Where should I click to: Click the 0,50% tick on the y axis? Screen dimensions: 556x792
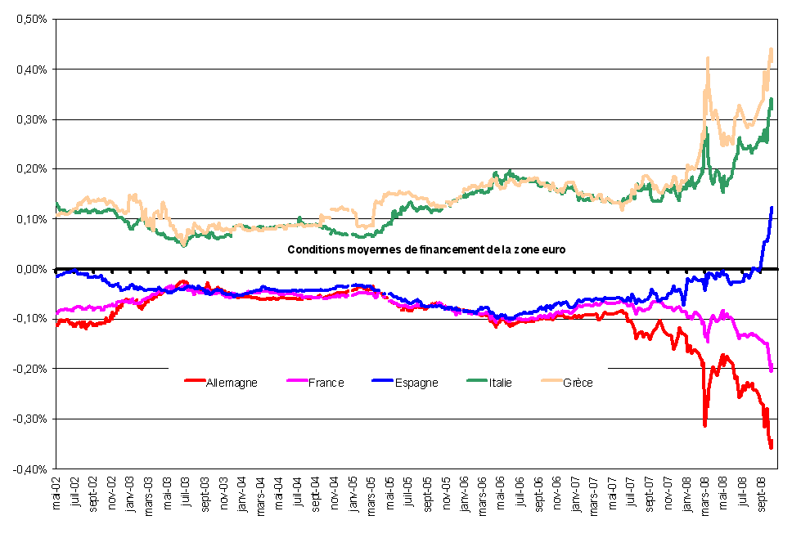click(x=29, y=19)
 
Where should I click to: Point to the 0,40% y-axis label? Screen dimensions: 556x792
click(x=29, y=69)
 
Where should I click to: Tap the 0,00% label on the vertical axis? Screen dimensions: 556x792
click(x=29, y=269)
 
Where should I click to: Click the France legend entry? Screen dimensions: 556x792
click(x=326, y=383)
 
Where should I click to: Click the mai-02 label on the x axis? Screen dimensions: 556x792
click(x=57, y=494)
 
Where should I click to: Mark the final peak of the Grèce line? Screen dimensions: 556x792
click(x=771, y=50)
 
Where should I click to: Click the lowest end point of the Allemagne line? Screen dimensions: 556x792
click(x=771, y=446)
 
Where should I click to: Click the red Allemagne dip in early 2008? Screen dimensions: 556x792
click(x=704, y=424)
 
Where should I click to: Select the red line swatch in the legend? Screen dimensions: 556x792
click(x=195, y=383)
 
